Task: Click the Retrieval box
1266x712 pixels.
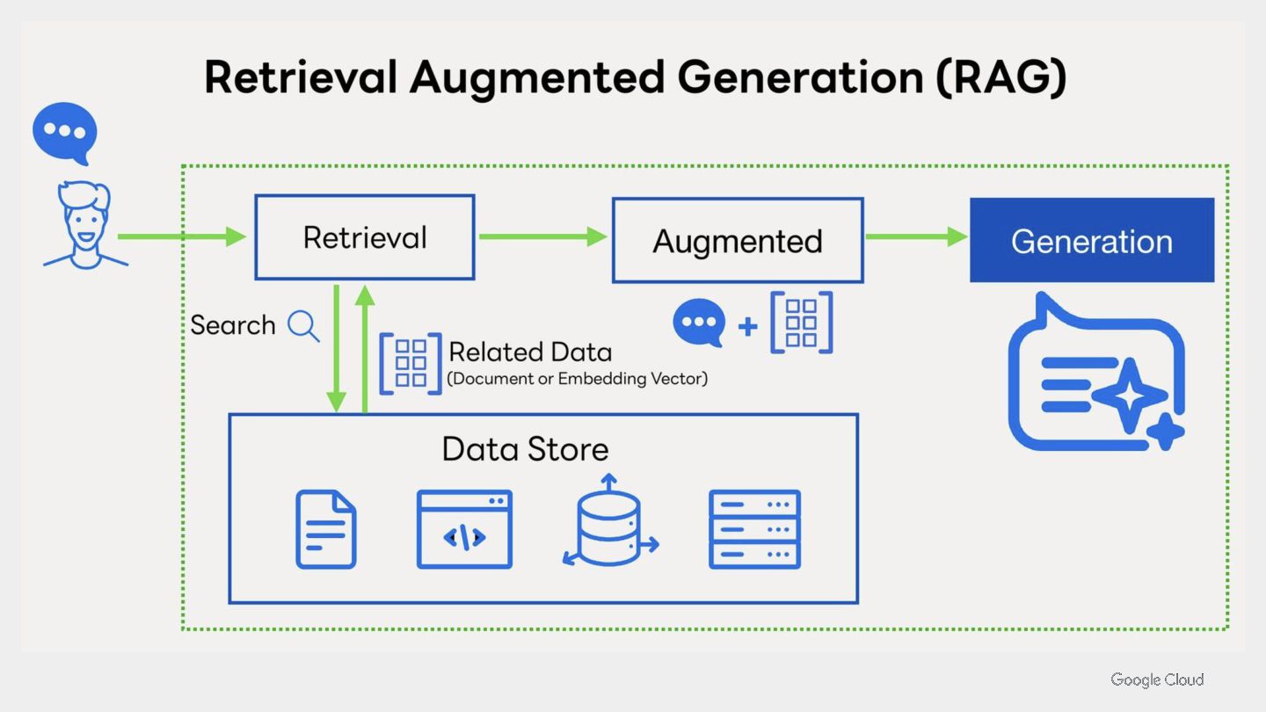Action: click(x=365, y=237)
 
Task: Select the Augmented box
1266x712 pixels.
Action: click(x=738, y=240)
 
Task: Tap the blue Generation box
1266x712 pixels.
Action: click(x=1092, y=240)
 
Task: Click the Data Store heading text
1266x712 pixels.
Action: click(x=525, y=449)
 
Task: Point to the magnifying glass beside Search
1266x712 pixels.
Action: click(x=303, y=325)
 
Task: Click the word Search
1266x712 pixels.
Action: click(x=233, y=325)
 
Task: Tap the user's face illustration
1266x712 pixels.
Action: click(x=85, y=225)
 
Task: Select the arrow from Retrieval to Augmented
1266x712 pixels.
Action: click(x=542, y=236)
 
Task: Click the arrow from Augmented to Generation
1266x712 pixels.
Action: click(x=916, y=236)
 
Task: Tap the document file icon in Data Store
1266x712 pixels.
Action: click(x=326, y=529)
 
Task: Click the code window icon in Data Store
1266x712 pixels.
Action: click(x=464, y=529)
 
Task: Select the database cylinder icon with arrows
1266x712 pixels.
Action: click(x=610, y=520)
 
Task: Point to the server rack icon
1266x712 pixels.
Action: click(x=754, y=529)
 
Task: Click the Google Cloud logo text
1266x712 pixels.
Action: click(x=1157, y=679)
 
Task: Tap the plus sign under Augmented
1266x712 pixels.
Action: click(x=747, y=327)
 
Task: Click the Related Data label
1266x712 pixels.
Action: click(x=530, y=352)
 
